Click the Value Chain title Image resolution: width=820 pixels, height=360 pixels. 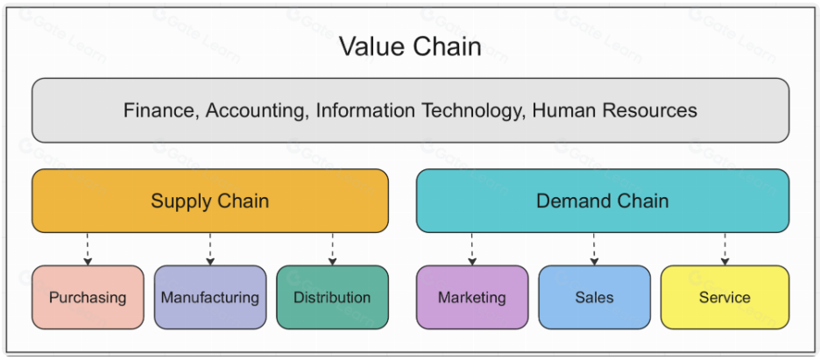pyautogui.click(x=410, y=46)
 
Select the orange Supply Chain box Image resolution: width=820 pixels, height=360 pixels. pyautogui.click(x=209, y=201)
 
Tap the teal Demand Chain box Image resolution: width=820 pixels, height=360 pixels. pyautogui.click(x=602, y=201)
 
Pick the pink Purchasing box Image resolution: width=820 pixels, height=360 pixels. pyautogui.click(x=88, y=297)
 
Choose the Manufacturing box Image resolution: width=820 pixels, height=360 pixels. pyautogui.click(x=209, y=297)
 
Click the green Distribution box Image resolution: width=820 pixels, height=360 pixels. pyautogui.click(x=332, y=297)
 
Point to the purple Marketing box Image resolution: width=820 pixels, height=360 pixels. pyautogui.click(x=472, y=297)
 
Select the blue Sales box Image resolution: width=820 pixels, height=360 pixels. pyautogui.click(x=594, y=297)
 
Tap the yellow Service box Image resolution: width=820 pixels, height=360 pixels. pyautogui.click(x=725, y=297)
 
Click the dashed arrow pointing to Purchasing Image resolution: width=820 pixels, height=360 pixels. pyautogui.click(x=87, y=249)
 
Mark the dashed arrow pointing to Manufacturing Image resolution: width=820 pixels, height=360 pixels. pyautogui.click(x=209, y=249)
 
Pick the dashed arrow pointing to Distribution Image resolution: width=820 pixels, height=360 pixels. pyautogui.click(x=332, y=249)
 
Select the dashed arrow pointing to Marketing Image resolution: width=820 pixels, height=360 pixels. pyautogui.click(x=472, y=249)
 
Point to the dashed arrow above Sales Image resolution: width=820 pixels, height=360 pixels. pyautogui.click(x=594, y=249)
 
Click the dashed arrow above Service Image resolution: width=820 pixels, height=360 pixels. pyautogui.click(x=725, y=249)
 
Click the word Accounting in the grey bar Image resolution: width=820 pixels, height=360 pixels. pyautogui.click(x=250, y=111)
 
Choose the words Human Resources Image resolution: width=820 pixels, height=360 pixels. pyautogui.click(x=614, y=110)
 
